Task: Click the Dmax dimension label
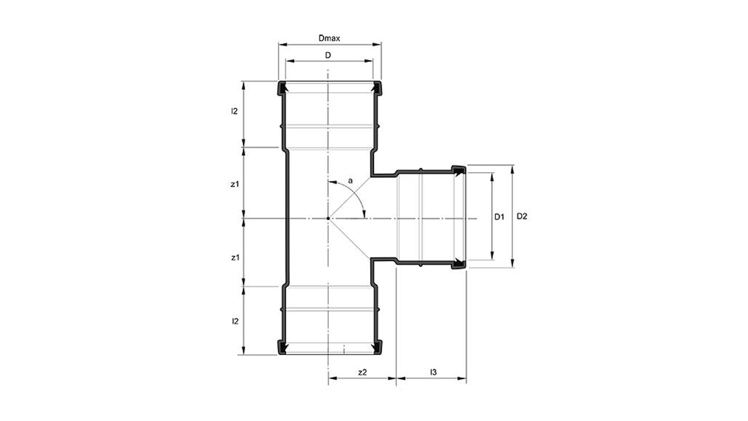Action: pos(329,39)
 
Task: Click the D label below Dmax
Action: pos(328,55)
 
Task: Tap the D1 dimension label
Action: pos(499,217)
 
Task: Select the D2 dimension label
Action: pos(522,216)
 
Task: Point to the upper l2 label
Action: pos(234,111)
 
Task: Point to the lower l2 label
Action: pos(236,321)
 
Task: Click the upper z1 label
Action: pos(235,184)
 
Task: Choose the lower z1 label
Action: pos(236,258)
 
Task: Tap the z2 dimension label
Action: pos(362,372)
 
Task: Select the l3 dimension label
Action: pos(433,372)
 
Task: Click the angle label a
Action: pos(350,181)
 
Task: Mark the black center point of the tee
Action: pos(328,218)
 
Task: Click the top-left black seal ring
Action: pos(282,88)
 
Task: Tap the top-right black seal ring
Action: pos(377,88)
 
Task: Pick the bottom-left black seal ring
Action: pos(282,347)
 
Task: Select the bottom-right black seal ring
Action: pos(377,347)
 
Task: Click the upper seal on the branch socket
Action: pos(459,170)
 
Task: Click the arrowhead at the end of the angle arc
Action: pos(364,215)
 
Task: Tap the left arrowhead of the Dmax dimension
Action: pos(283,44)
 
